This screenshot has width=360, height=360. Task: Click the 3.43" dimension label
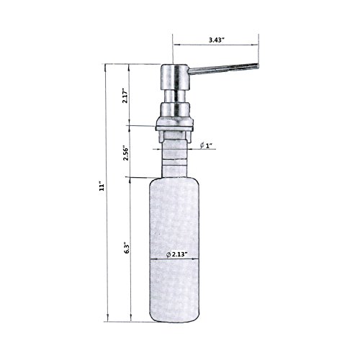(x=216, y=40)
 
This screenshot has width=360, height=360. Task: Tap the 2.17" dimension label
(x=125, y=96)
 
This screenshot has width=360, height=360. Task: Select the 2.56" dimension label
(x=125, y=153)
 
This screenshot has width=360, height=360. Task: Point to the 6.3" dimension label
(x=127, y=248)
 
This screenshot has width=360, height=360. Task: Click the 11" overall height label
(x=102, y=187)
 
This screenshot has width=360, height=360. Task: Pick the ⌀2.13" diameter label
(x=177, y=255)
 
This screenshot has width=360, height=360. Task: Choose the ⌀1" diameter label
(x=206, y=145)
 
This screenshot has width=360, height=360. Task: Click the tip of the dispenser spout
(x=258, y=66)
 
